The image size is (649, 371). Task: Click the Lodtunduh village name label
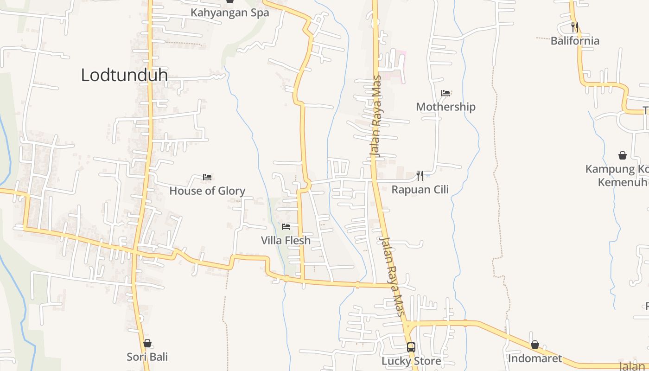124,75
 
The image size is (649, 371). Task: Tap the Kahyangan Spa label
229,13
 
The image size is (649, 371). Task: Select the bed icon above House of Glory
207,177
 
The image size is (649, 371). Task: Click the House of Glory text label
207,191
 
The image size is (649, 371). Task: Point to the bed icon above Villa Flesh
286,227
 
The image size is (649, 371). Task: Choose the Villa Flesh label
286,240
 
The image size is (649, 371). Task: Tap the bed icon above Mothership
445,93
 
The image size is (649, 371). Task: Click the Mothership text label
445,107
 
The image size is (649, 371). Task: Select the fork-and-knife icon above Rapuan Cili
420,176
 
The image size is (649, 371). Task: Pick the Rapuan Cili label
420,189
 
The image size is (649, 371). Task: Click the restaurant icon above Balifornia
575,27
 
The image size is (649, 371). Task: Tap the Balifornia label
575,40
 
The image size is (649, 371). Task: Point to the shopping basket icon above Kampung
622,155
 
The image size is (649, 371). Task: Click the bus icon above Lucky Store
411,347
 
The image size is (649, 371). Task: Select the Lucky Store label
411,360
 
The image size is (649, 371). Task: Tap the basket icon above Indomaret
535,345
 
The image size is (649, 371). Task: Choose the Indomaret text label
535,358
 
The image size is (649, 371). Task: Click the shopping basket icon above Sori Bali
147,343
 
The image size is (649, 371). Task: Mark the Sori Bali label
147,357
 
